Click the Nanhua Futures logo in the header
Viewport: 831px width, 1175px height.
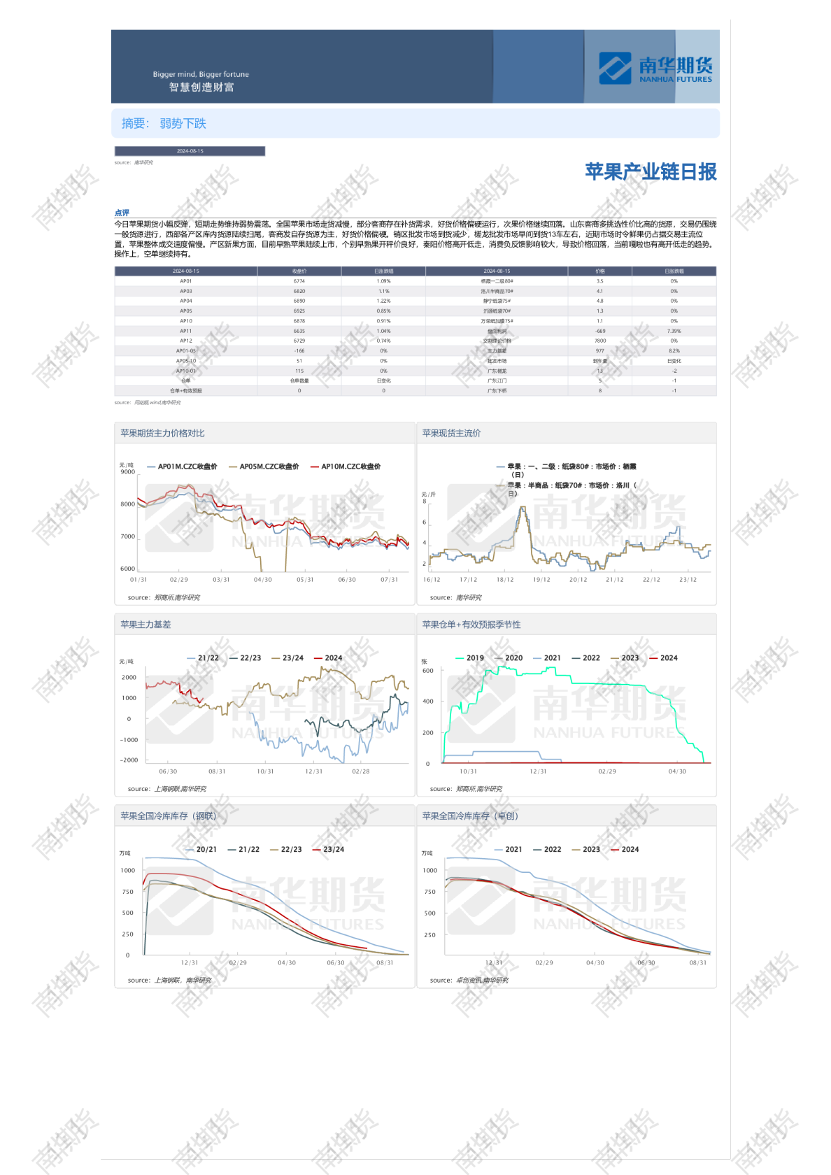point(655,69)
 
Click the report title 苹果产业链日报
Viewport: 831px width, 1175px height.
point(651,172)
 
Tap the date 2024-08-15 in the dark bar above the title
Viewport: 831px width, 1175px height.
point(190,151)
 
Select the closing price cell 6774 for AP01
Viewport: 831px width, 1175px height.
point(299,281)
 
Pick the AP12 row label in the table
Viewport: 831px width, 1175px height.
point(185,341)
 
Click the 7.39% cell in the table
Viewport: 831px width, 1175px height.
point(674,331)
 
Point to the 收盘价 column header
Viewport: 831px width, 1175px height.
point(299,271)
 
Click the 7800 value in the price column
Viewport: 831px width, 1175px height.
point(599,341)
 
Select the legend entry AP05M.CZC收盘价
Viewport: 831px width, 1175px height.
point(269,467)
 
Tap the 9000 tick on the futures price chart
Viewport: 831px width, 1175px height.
point(128,472)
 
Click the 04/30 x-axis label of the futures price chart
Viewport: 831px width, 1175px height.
point(262,580)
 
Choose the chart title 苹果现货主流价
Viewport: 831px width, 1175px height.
point(451,434)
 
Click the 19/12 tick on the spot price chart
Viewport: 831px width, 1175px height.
point(541,580)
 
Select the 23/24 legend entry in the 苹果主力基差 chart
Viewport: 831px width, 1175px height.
point(292,658)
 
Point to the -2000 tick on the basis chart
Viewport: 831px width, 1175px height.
point(129,760)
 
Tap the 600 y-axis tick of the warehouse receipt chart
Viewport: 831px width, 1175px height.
point(427,671)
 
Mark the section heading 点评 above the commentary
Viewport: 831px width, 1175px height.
point(122,213)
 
